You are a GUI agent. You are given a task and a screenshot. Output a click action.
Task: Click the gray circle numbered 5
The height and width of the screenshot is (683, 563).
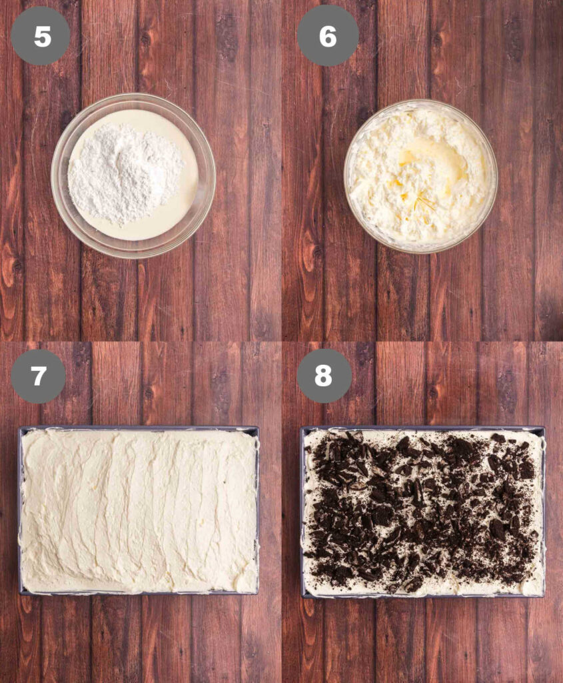[x=41, y=36]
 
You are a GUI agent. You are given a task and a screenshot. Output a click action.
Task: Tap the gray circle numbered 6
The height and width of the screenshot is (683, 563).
[x=328, y=36]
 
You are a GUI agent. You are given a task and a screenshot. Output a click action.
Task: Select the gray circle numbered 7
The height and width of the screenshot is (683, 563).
[x=38, y=375]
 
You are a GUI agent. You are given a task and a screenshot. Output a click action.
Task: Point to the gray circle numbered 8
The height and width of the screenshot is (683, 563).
[x=324, y=375]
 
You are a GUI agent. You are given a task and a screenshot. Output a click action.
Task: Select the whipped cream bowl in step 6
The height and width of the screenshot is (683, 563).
[x=420, y=176]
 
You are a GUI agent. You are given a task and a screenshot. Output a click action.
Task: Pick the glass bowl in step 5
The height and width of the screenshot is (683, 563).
[x=133, y=175]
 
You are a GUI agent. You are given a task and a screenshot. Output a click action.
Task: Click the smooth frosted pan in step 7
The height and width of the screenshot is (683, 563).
[x=139, y=510]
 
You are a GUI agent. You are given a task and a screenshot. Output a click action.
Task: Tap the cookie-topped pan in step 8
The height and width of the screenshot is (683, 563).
[x=422, y=512]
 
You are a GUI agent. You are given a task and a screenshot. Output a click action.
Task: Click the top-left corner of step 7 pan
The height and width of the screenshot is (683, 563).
[x=19, y=428]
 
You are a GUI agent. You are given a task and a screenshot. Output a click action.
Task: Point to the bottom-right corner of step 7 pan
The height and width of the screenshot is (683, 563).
[x=259, y=594]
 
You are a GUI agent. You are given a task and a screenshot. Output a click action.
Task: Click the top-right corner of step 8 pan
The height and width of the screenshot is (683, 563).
[x=544, y=427]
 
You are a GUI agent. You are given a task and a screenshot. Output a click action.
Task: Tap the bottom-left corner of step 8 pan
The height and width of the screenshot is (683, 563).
[x=301, y=597]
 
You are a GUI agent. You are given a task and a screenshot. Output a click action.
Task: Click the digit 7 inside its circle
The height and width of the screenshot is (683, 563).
[x=38, y=376]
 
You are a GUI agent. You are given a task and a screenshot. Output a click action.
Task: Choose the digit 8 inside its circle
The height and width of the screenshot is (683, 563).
[x=324, y=376]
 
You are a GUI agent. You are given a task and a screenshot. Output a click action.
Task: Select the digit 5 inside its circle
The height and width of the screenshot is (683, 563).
[x=42, y=36]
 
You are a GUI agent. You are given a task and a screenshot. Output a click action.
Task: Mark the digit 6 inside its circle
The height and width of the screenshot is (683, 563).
[x=328, y=36]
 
